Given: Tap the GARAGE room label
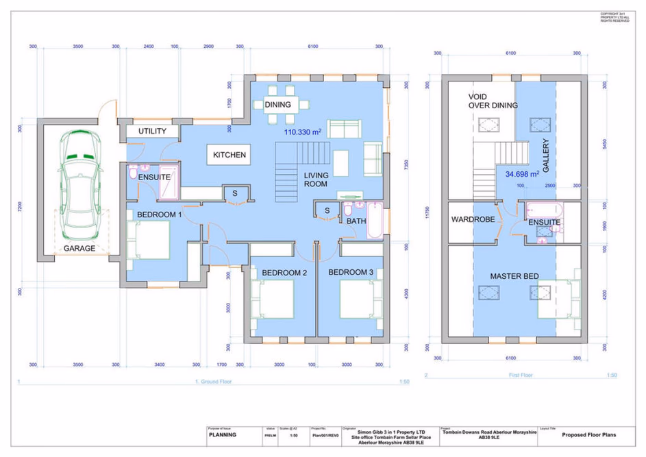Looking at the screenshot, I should pos(79,248).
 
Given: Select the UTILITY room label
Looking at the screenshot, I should pos(152,132).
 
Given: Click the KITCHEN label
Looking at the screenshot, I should pos(229,155).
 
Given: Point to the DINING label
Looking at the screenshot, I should pos(277,105).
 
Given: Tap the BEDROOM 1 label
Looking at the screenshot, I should pos(159,214).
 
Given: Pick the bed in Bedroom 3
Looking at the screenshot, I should pos(361,299).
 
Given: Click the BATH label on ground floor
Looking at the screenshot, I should pos(356,221).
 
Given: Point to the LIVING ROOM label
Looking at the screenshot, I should pos(316,180).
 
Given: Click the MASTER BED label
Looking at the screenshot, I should pos(514,276).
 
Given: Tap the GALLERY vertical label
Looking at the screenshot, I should pos(547,156).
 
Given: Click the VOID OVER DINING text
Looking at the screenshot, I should pos(493,101).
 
